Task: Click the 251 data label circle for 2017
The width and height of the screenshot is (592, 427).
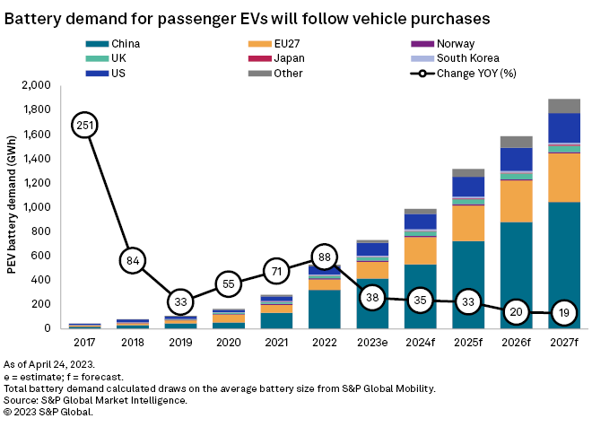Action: pyautogui.click(x=84, y=126)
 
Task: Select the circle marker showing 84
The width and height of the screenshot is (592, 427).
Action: pyautogui.click(x=133, y=261)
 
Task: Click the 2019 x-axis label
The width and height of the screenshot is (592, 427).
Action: pyautogui.click(x=181, y=342)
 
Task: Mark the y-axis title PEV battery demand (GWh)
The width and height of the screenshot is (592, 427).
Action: pyautogui.click(x=13, y=206)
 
